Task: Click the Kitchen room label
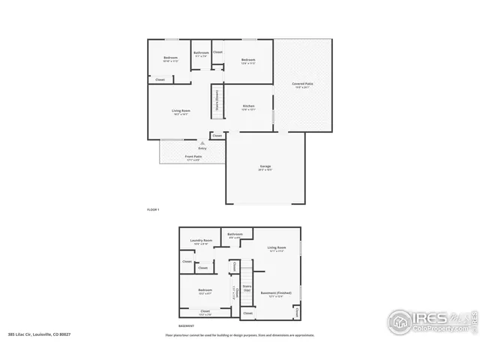[x=249, y=106]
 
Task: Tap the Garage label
[x=265, y=166]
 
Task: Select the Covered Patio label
[x=302, y=83]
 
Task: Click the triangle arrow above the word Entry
[x=201, y=142]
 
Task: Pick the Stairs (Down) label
[x=217, y=98]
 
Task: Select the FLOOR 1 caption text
[x=153, y=209]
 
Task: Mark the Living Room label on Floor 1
[x=181, y=111]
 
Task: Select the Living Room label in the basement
[x=277, y=247]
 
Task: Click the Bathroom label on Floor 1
[x=201, y=52]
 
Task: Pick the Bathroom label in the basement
[x=235, y=234]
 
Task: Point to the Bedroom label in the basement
[x=205, y=289]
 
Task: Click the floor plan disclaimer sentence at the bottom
[x=240, y=335]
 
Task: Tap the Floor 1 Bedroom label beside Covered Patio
[x=248, y=60]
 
